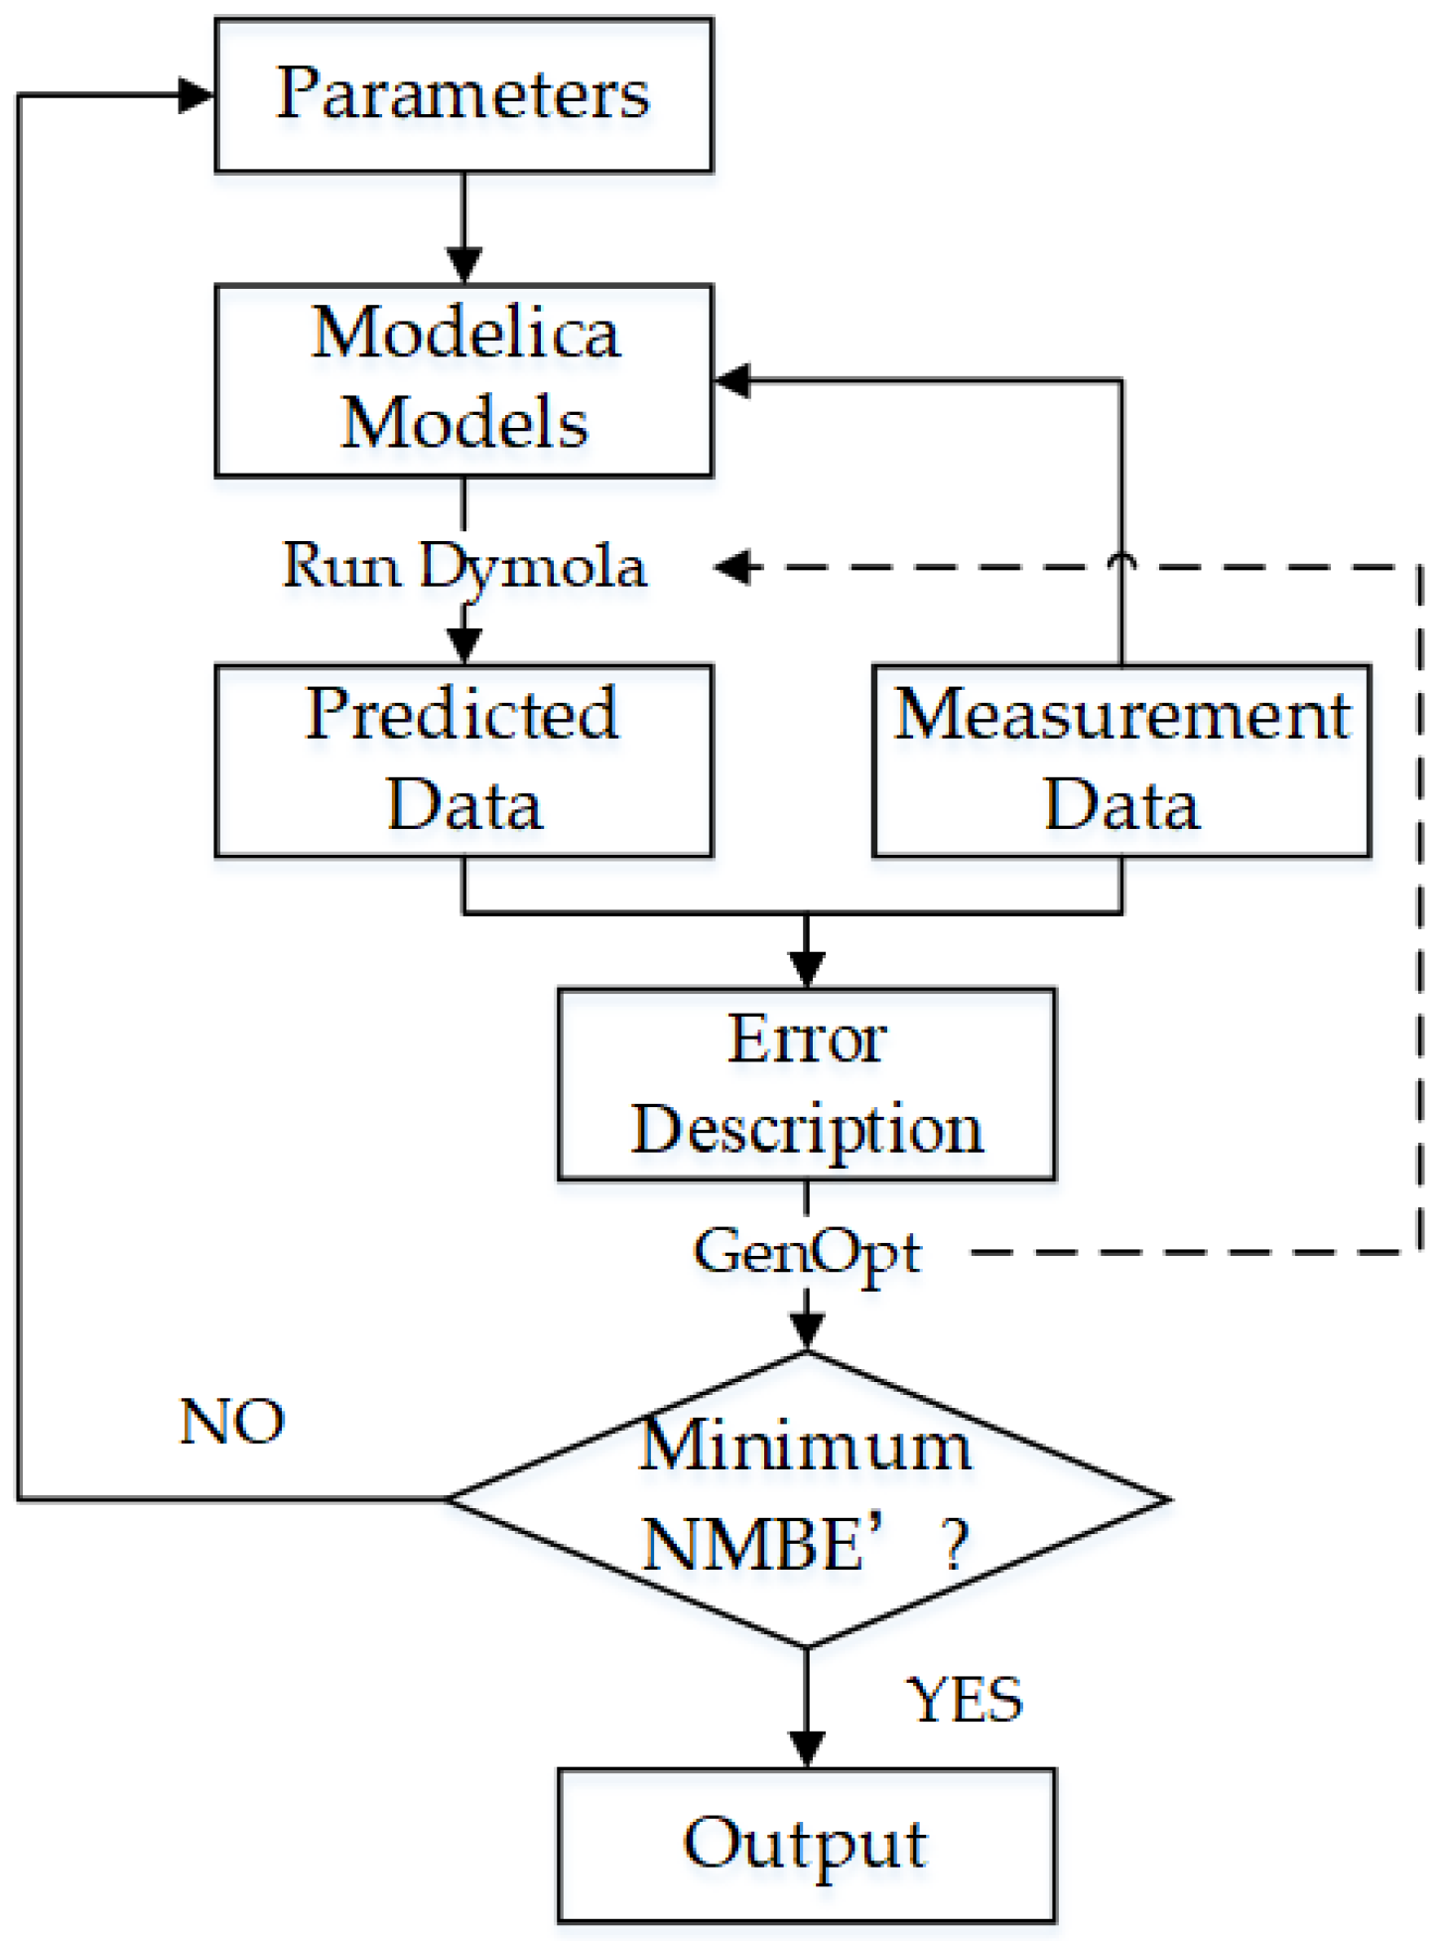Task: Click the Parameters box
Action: (x=463, y=94)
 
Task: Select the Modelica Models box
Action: (x=463, y=379)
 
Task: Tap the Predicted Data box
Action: (x=463, y=760)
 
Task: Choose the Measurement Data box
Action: (x=1121, y=760)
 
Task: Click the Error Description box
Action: (x=806, y=1083)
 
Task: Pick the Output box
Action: (x=806, y=1844)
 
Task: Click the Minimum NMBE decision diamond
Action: (x=806, y=1499)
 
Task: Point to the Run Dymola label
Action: (x=463, y=567)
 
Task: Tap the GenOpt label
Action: (x=806, y=1252)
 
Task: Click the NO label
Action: (x=232, y=1421)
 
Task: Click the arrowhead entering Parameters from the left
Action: (x=196, y=95)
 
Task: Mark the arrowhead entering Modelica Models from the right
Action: (x=732, y=380)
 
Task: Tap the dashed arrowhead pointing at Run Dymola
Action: (x=734, y=567)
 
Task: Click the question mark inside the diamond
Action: (x=955, y=1545)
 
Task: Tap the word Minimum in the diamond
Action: (x=804, y=1446)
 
